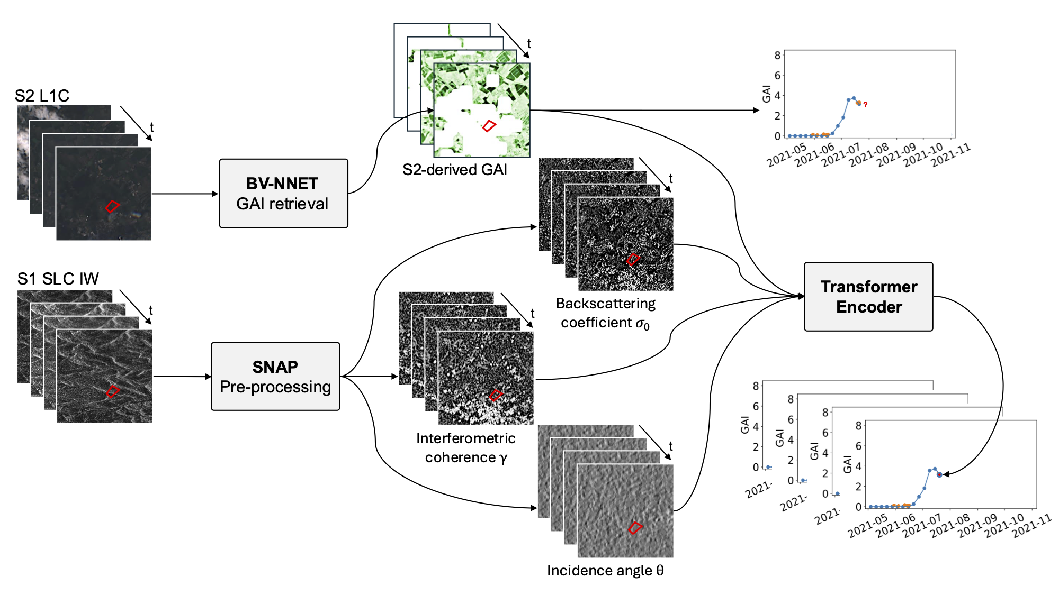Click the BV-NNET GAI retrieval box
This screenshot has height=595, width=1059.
point(283,194)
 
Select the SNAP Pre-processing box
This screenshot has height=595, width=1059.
point(275,377)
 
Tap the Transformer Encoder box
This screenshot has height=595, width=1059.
point(868,297)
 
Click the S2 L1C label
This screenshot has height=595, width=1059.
point(42,96)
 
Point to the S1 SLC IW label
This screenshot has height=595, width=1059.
point(58,279)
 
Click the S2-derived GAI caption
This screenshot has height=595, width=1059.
point(454,170)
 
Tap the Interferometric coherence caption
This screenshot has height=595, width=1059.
point(465,447)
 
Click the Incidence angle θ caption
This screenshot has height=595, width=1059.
point(605,571)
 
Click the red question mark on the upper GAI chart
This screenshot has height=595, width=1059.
point(865,105)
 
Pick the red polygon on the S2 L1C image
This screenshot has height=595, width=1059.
point(112,206)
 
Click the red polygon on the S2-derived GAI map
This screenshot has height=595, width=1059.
point(489,126)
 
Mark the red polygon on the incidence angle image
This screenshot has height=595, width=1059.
point(635,527)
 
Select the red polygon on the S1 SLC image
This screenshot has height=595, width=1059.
point(112,391)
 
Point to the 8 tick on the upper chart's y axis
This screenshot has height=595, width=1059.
point(777,55)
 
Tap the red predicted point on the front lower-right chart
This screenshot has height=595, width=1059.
point(939,475)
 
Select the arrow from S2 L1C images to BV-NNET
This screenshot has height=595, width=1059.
point(185,194)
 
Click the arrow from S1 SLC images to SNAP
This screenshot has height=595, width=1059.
point(182,377)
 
